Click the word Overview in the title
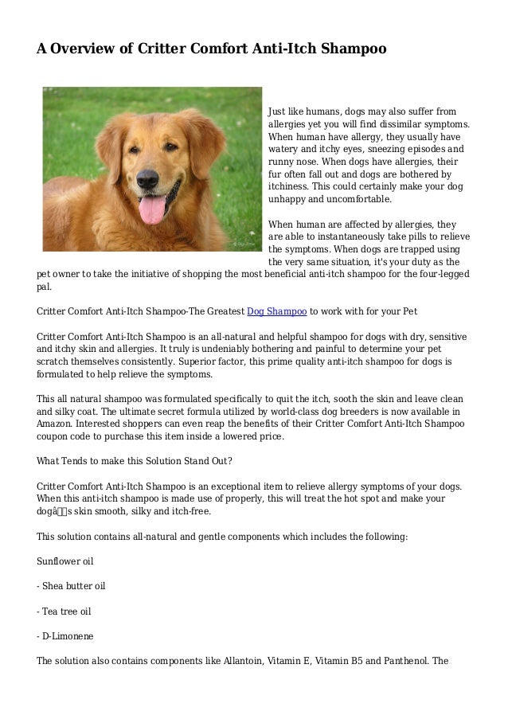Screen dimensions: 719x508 pyautogui.click(x=88, y=49)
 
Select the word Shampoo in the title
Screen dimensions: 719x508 pyautogui.click(x=354, y=49)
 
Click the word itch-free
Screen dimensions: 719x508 pyautogui.click(x=166, y=513)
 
